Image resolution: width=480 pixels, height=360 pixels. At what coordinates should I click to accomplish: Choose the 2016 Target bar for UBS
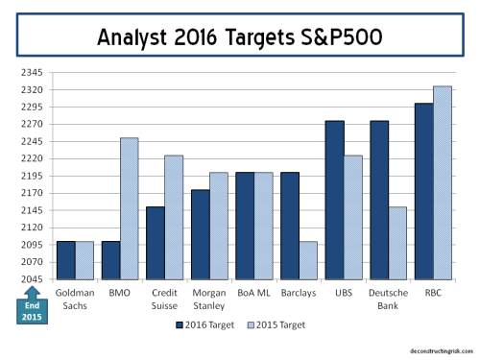(x=334, y=199)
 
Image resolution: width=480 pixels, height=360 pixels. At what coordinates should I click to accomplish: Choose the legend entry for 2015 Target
(x=279, y=324)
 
